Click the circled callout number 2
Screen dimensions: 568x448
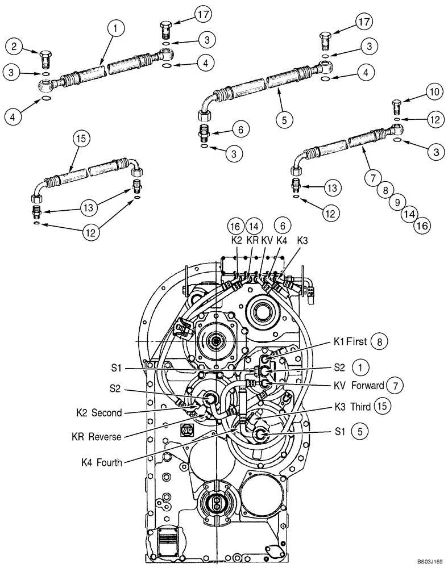click(15, 45)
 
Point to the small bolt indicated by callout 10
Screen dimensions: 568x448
click(396, 106)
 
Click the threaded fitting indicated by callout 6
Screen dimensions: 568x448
click(203, 133)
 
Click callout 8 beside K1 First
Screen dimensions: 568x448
click(379, 342)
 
